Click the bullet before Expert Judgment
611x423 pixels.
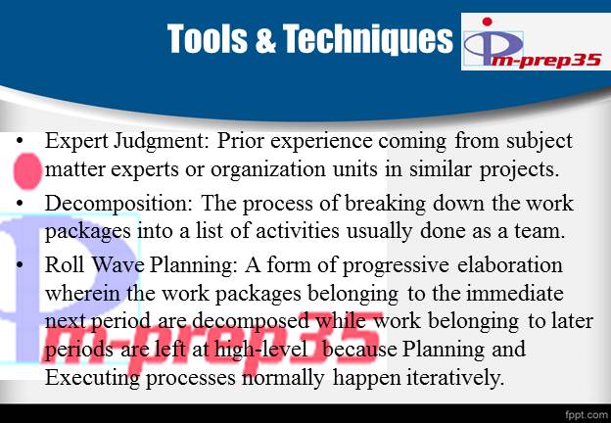(23, 142)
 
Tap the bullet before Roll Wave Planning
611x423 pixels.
(23, 266)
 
